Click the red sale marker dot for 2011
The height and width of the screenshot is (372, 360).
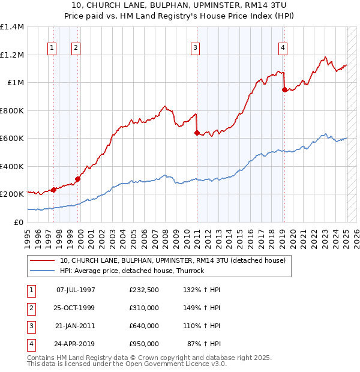tap(197, 133)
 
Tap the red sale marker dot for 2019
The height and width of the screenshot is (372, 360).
tap(284, 90)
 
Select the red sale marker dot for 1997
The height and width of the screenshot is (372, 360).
tap(53, 190)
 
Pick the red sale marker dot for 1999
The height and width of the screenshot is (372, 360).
tap(77, 179)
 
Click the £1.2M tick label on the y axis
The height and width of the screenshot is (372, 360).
tap(12, 55)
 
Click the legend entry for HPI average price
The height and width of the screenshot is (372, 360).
tap(132, 271)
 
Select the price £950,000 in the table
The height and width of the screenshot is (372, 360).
tap(144, 344)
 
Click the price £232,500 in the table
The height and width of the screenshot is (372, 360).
tap(144, 290)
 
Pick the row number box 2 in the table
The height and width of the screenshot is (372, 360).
tap(31, 308)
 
